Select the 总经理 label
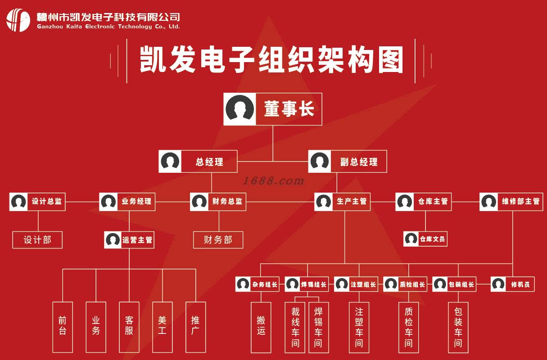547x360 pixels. coord(209,162)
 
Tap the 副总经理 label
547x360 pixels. coord(359,162)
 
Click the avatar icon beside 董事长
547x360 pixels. coord(240,109)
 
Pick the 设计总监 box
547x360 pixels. coord(37,202)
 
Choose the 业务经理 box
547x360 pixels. coord(127,202)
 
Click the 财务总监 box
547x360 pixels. coord(218,202)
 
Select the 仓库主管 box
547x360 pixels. coord(424,202)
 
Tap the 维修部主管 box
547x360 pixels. coord(511,202)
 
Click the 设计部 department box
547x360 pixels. coord(37,240)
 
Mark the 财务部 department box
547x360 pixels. coord(218,240)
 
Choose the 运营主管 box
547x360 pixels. coord(129,240)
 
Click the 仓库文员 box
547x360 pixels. coord(425,239)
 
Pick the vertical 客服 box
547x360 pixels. coord(129,327)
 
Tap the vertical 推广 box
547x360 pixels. coord(195,327)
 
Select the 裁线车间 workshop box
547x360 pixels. coord(295,327)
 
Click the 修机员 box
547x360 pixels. coord(512,284)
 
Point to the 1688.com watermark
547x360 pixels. coord(273,181)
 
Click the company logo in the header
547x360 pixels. coord(18,20)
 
